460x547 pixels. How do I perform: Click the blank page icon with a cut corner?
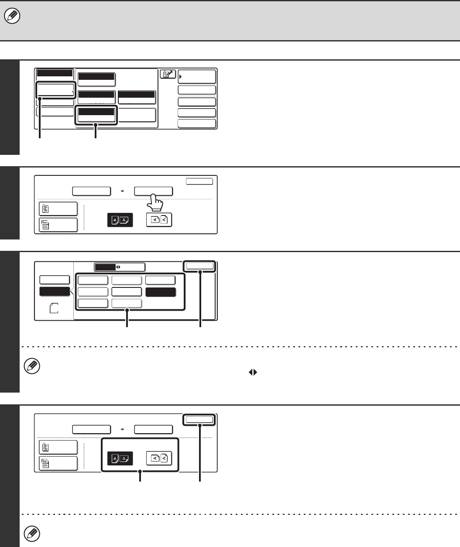coord(54,309)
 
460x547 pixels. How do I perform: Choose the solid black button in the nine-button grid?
coord(161,292)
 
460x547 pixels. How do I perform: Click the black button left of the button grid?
coord(55,292)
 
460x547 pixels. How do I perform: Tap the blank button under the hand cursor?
coord(153,191)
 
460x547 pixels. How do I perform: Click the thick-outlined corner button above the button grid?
coord(200,266)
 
